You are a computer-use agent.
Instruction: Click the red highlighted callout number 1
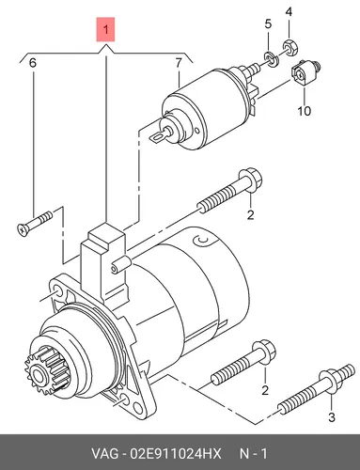click(105, 30)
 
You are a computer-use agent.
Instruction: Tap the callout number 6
click(32, 63)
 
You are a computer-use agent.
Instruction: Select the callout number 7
click(179, 63)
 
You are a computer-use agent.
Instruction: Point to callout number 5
click(268, 23)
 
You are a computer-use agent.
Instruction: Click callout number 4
click(289, 12)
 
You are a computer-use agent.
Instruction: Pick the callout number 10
click(304, 111)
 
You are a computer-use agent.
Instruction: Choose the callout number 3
click(332, 417)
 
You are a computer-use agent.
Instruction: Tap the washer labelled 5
click(272, 59)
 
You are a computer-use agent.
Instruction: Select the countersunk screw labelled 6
click(34, 223)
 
